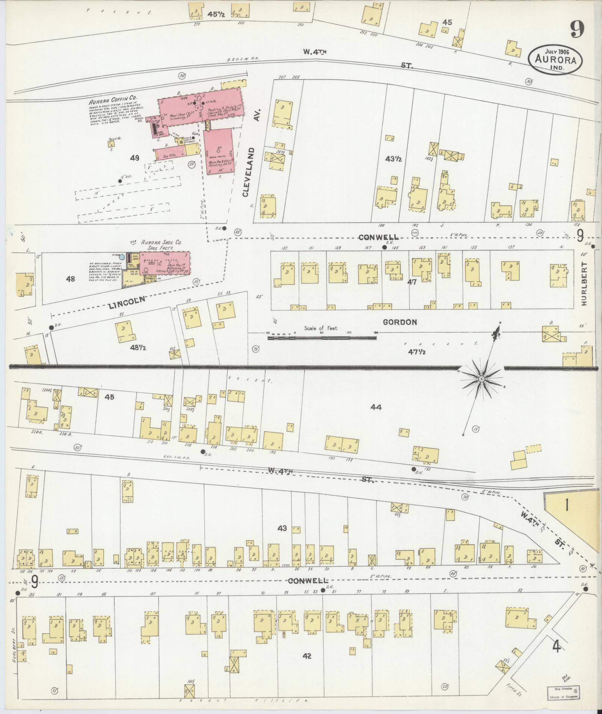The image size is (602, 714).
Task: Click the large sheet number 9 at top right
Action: coord(577,29)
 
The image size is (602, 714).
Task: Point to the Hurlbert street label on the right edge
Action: coord(584,283)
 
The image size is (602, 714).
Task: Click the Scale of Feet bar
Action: coord(322,337)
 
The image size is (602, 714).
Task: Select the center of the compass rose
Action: coord(481,379)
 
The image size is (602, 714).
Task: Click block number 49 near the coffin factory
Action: coord(134,158)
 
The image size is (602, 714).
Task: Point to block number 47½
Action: coord(417,352)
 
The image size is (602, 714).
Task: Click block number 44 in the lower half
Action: coord(375,407)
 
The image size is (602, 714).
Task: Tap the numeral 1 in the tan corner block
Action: coord(567,505)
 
